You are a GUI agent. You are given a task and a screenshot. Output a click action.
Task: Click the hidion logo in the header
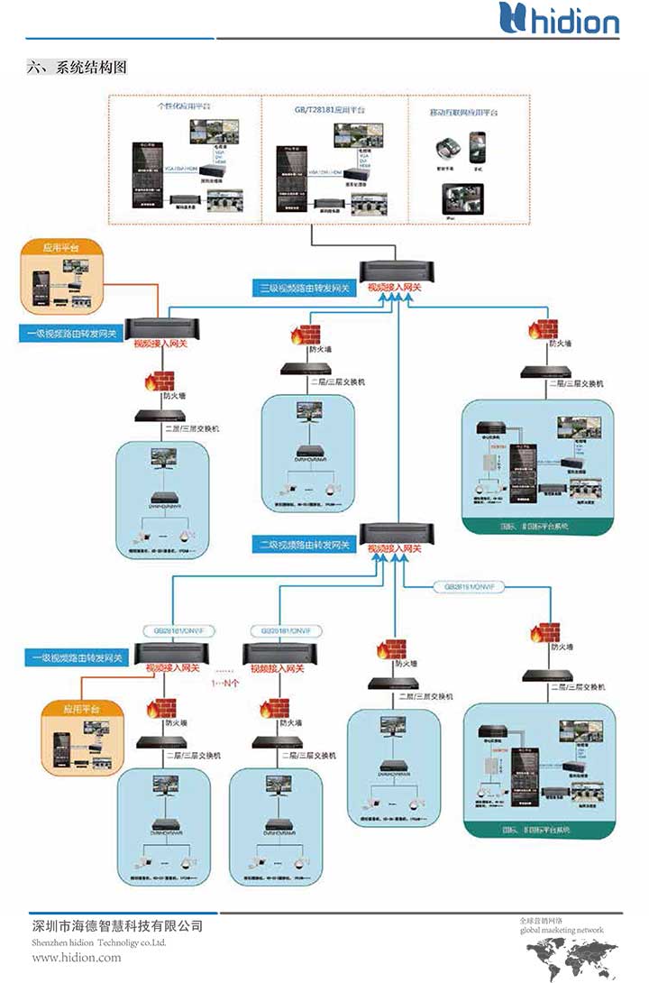pos(560,19)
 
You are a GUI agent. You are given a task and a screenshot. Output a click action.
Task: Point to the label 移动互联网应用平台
pos(464,113)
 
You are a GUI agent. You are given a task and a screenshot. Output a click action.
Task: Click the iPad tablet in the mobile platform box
pos(462,199)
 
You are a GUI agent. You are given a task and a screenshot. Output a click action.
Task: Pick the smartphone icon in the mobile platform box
pos(479,144)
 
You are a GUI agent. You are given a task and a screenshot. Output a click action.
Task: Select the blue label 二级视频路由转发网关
pos(303,545)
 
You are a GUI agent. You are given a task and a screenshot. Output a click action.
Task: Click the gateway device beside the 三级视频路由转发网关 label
pos(396,271)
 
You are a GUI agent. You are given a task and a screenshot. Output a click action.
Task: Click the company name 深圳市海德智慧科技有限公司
pos(117,926)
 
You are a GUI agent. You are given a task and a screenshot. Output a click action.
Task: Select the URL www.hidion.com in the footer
pos(77,957)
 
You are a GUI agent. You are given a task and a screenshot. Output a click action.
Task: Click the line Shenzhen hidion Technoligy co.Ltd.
pos(99,942)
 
